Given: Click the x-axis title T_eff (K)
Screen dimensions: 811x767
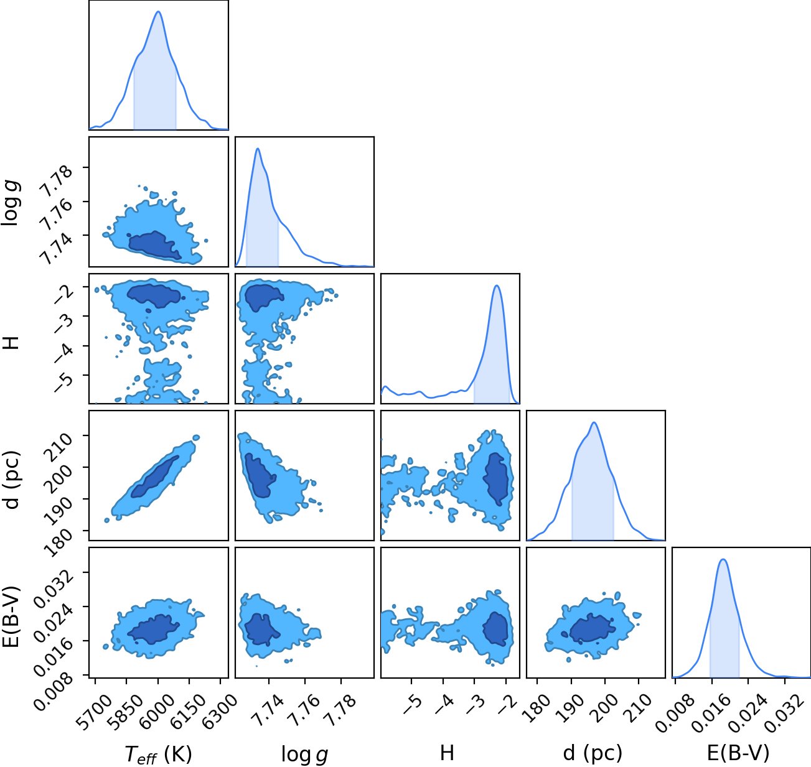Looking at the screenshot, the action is click(x=159, y=754).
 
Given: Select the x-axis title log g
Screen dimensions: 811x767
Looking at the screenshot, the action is click(x=304, y=755).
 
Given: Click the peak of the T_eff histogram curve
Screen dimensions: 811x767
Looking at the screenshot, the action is click(x=159, y=11).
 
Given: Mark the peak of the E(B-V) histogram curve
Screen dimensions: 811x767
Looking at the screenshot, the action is click(x=723, y=559).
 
